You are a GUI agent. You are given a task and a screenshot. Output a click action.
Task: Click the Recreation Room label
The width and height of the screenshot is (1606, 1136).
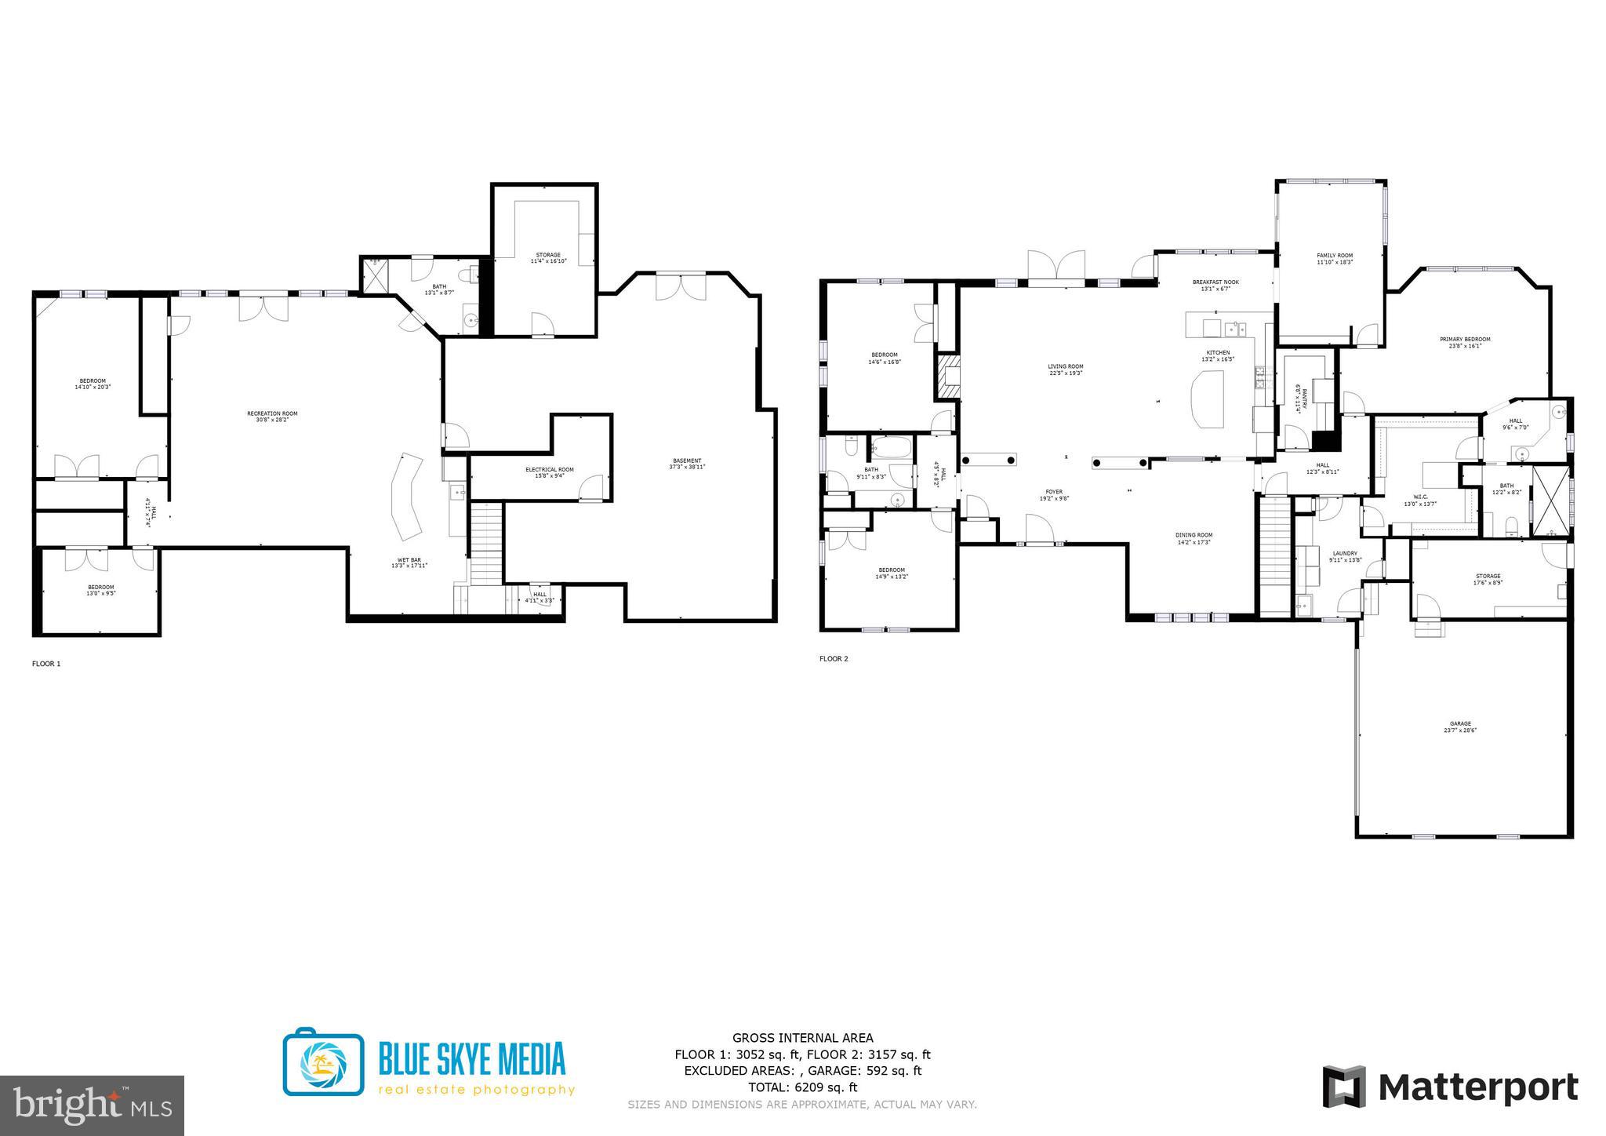click(272, 417)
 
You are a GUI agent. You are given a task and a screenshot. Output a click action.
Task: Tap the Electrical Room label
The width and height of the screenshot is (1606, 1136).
click(549, 472)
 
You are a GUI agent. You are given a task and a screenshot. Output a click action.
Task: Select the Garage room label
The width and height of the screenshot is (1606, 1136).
click(1459, 726)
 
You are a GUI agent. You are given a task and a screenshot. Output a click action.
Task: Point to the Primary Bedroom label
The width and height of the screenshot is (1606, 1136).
click(1464, 342)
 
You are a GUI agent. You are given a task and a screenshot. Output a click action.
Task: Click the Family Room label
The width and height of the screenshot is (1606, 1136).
click(1334, 259)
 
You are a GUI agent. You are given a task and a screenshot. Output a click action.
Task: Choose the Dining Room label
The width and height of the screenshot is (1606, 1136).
click(1194, 538)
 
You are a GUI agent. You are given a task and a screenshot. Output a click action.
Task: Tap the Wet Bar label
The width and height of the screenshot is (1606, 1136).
click(409, 563)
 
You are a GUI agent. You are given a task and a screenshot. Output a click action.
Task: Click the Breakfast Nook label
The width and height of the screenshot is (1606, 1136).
click(1215, 285)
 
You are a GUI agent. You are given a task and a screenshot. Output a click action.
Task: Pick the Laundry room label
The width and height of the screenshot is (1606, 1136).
click(1344, 556)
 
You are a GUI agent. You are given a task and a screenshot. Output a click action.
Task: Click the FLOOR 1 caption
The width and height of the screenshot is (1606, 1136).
click(45, 664)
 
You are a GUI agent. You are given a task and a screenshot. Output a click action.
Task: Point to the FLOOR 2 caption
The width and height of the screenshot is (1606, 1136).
click(834, 659)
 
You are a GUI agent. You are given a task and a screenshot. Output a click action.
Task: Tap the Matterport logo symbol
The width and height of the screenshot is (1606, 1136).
click(1344, 1087)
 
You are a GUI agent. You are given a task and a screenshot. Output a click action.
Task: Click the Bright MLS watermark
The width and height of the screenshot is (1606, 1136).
click(92, 1105)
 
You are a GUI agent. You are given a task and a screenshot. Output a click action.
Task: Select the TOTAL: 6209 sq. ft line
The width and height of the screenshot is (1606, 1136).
click(802, 1087)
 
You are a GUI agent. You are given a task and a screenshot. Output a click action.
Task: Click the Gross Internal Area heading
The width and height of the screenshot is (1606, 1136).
click(802, 1038)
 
